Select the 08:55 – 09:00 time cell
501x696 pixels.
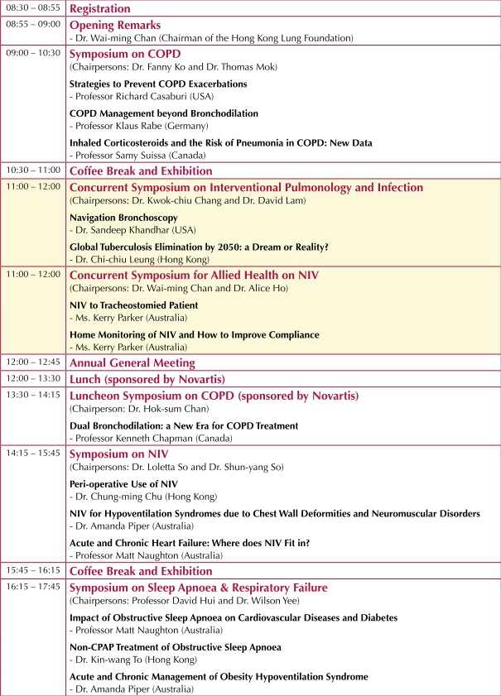[32, 25]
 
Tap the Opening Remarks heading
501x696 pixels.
[114, 25]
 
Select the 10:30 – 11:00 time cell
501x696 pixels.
[32, 170]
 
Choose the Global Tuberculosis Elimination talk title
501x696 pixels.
[199, 246]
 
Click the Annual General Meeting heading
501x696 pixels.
[132, 362]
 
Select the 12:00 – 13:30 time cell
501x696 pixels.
[32, 379]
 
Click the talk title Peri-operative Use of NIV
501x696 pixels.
[123, 483]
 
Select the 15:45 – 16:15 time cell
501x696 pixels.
[32, 571]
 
